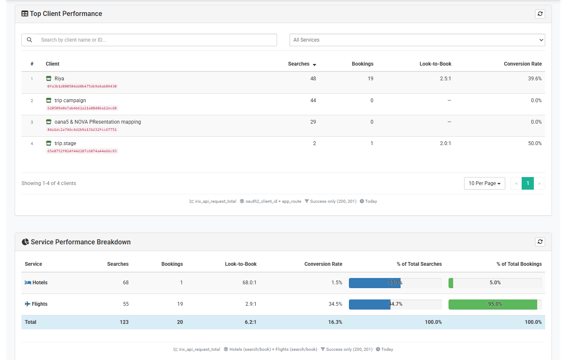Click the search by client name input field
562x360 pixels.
click(156, 40)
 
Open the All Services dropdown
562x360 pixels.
click(417, 40)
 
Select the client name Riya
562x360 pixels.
click(59, 79)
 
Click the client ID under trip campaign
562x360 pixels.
click(82, 108)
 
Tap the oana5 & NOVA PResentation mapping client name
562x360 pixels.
click(98, 122)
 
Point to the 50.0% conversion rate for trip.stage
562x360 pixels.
click(535, 143)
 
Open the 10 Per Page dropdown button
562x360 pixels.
click(484, 183)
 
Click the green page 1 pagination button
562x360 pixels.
click(528, 183)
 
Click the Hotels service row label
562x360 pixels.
click(40, 283)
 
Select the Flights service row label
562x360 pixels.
click(40, 304)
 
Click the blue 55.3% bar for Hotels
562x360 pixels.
click(375, 283)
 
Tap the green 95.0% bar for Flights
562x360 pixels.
click(493, 304)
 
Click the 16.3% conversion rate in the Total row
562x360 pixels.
click(335, 322)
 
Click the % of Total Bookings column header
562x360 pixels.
click(519, 264)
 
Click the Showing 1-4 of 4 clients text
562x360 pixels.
click(49, 183)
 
